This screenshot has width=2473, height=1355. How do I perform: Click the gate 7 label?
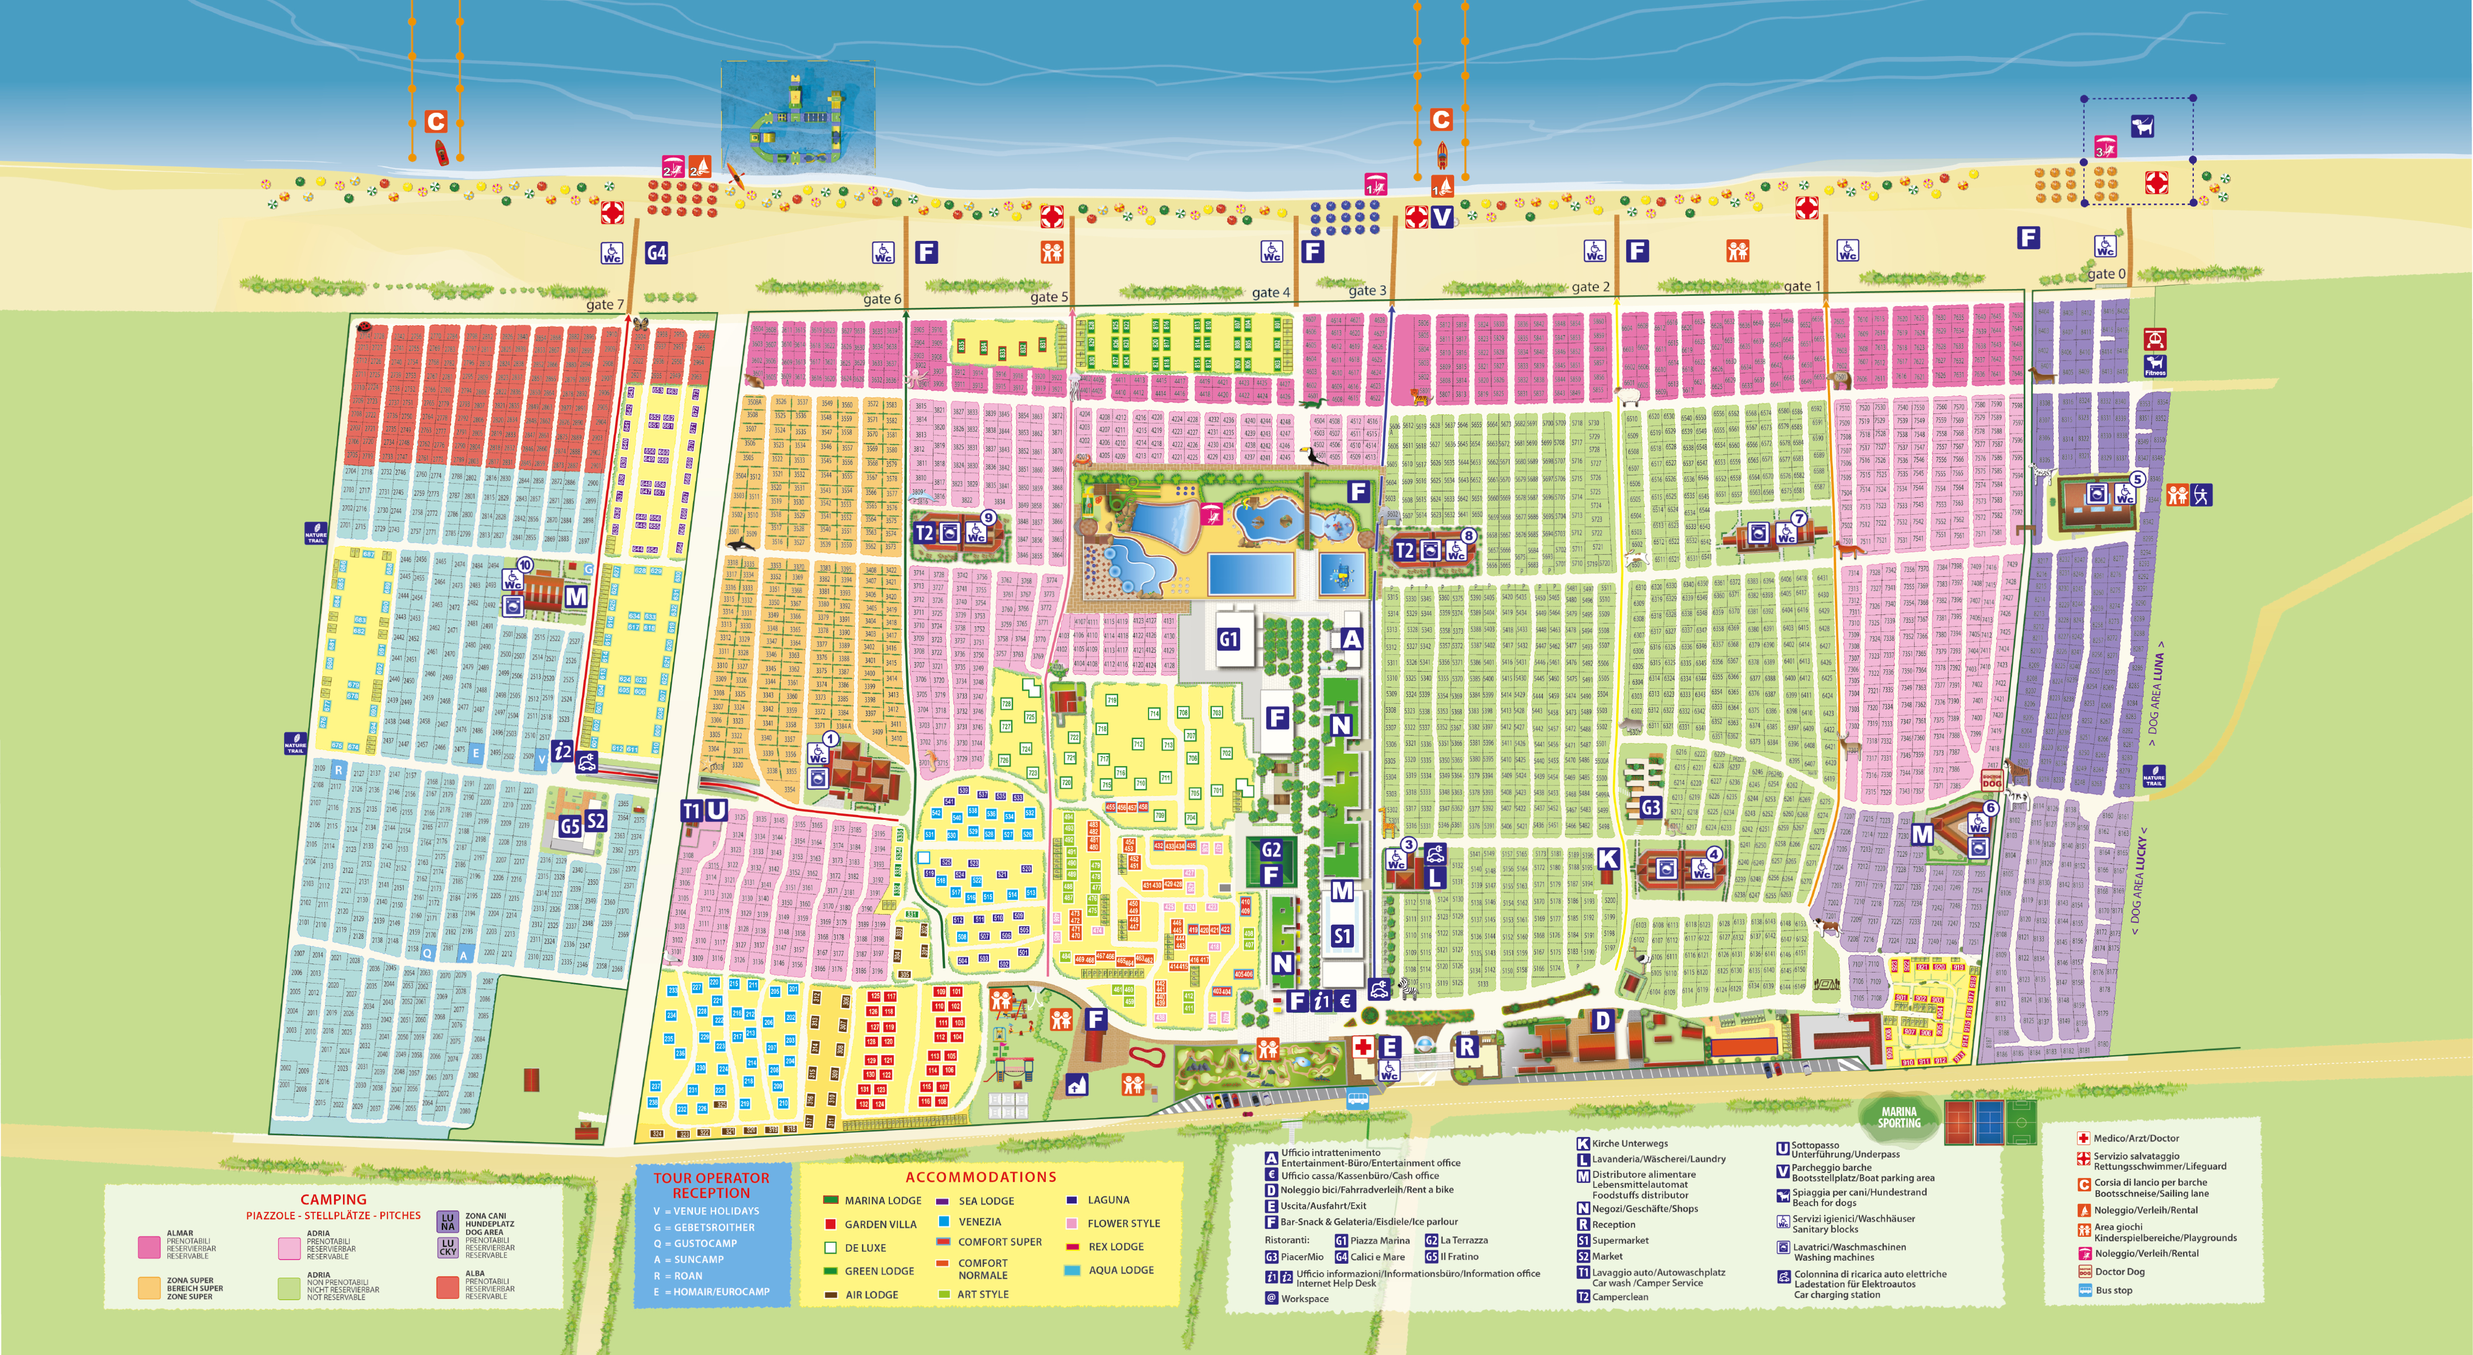tap(605, 304)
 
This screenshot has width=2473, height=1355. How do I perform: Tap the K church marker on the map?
tap(1608, 859)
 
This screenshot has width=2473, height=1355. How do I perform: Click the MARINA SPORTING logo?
tap(1899, 1117)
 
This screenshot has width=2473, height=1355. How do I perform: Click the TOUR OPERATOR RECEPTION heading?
tap(711, 1185)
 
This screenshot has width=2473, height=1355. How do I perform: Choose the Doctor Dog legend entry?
tap(2119, 1271)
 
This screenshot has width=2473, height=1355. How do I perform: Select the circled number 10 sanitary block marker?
tap(524, 565)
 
